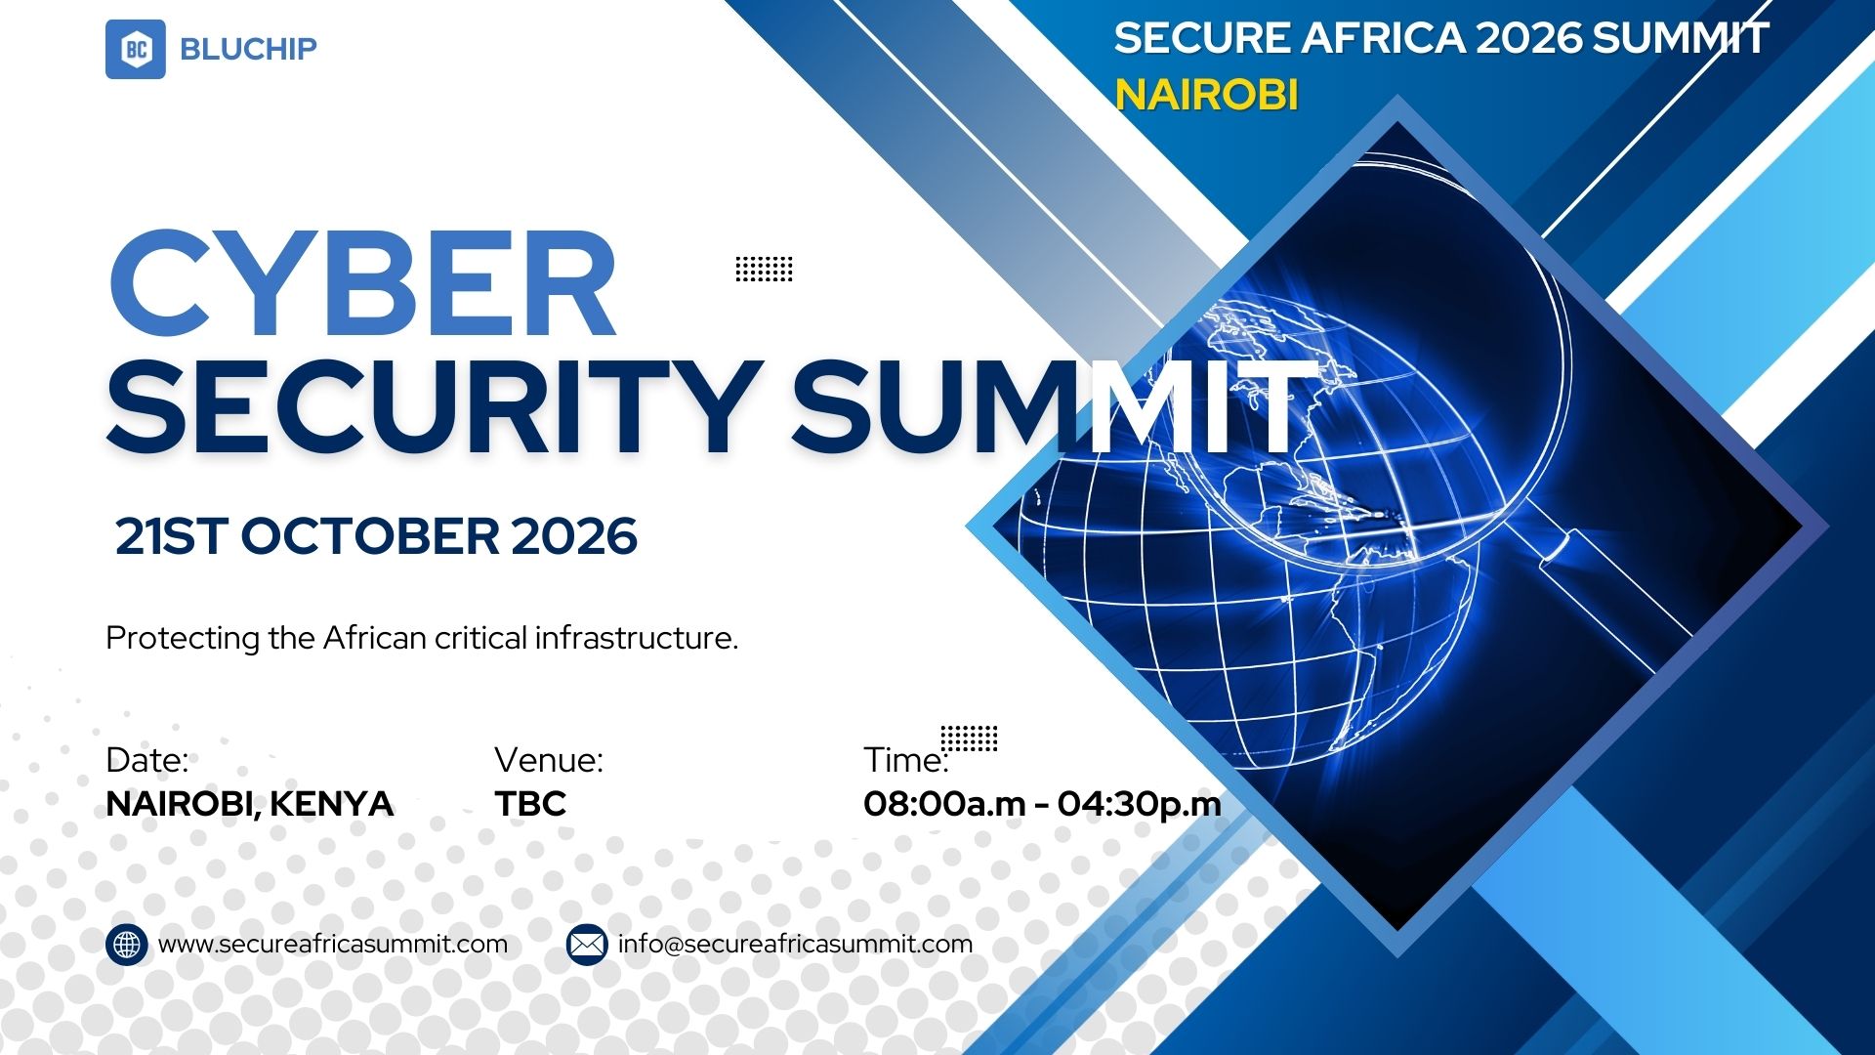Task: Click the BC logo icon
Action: [x=136, y=49]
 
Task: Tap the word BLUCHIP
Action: [x=249, y=49]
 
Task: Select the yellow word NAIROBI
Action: [x=1207, y=95]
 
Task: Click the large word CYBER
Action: [x=362, y=284]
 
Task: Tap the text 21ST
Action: [x=172, y=536]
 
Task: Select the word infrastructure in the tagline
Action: [x=637, y=638]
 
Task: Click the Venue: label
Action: [x=549, y=760]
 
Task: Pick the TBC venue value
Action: [x=530, y=804]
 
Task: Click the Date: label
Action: [x=147, y=760]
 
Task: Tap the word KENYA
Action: [x=331, y=804]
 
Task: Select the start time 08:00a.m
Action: [x=944, y=804]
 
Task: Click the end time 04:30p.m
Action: [x=1139, y=804]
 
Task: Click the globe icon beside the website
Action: [x=127, y=945]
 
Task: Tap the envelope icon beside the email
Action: [x=587, y=945]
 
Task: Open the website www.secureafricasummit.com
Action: [x=333, y=945]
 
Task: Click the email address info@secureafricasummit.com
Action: [x=796, y=945]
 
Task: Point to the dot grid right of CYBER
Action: [x=764, y=269]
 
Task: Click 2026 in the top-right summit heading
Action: [x=1528, y=38]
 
